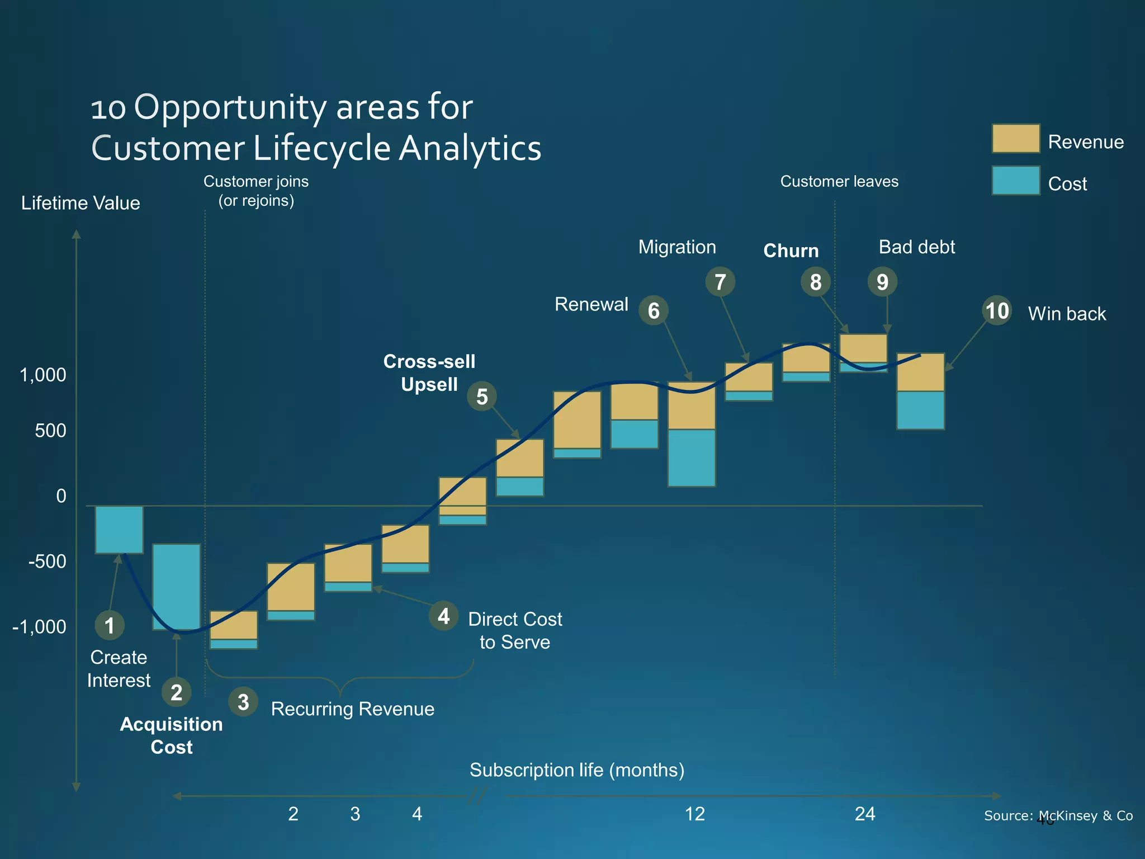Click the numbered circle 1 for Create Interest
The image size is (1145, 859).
[110, 625]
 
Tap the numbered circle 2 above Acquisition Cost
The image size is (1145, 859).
[177, 692]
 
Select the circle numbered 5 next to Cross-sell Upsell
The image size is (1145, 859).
[482, 397]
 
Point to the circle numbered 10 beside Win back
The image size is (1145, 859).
[997, 311]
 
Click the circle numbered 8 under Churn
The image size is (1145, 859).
[816, 282]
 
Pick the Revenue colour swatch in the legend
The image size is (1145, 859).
[1016, 139]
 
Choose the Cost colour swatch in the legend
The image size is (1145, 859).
[1016, 181]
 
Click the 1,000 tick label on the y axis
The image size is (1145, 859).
[43, 375]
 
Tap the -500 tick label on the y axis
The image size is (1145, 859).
[47, 561]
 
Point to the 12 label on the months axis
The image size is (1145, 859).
[695, 814]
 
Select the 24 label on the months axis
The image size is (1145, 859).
[865, 814]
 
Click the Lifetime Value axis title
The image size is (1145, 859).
[81, 203]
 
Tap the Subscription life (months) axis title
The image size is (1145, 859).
[577, 770]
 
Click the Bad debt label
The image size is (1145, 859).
[917, 247]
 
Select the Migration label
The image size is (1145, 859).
[677, 247]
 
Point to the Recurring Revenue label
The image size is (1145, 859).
[352, 709]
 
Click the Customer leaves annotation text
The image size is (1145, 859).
[839, 181]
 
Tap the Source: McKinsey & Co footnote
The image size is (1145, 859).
[1058, 816]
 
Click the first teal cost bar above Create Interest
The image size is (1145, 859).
[119, 530]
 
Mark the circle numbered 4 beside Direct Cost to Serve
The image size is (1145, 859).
[444, 616]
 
